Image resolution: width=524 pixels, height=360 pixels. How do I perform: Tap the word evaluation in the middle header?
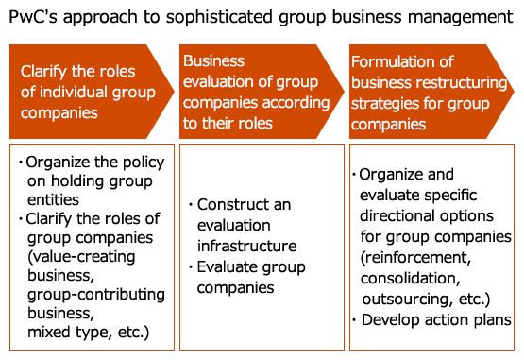coord(217,82)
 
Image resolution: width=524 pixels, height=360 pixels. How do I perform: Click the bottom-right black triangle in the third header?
coord(495,127)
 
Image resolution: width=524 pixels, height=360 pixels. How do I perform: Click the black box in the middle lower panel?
coord(248,247)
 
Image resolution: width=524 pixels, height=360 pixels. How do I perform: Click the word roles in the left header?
coord(117,72)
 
